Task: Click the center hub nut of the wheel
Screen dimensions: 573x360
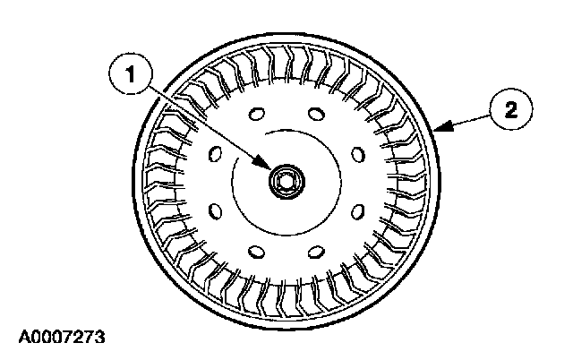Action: click(286, 180)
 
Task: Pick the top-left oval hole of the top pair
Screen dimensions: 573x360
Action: click(256, 114)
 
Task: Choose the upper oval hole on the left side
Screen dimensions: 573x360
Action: click(214, 154)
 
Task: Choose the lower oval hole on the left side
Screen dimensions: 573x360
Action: click(214, 211)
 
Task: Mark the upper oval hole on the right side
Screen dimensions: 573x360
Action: click(358, 154)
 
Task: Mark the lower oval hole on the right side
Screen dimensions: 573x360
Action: click(358, 211)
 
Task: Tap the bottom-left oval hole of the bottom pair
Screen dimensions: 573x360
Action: click(256, 251)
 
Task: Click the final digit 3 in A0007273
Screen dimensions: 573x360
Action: click(99, 339)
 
